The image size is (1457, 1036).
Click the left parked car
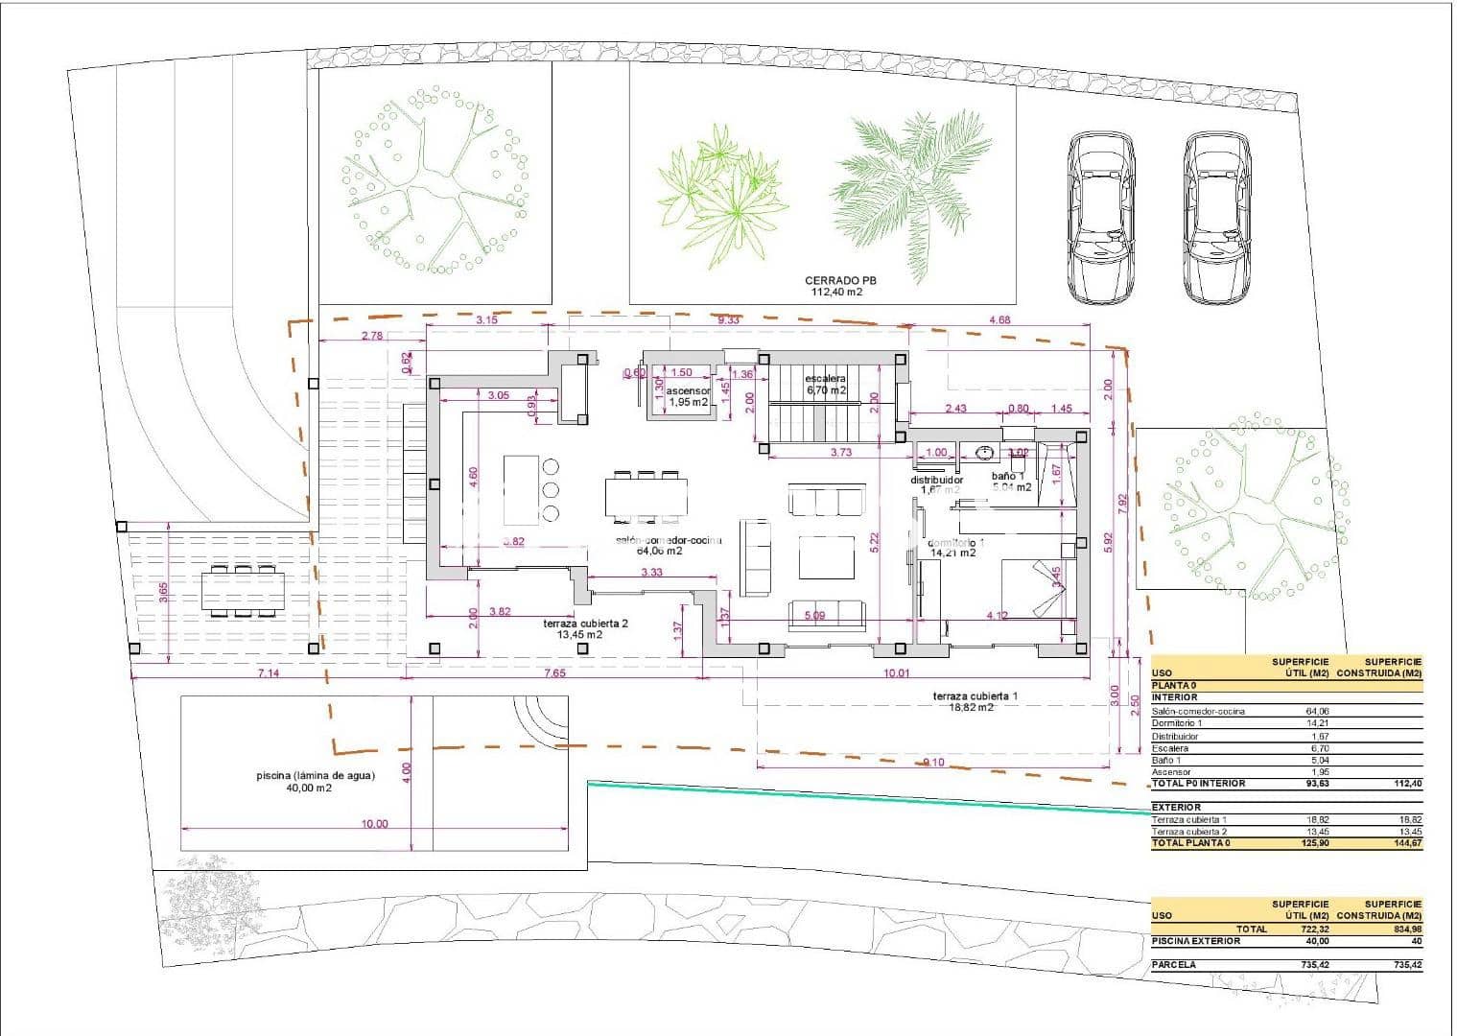click(1101, 219)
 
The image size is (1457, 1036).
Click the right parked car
click(1217, 219)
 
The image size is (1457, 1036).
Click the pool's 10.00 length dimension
click(375, 823)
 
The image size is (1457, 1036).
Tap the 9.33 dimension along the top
click(729, 320)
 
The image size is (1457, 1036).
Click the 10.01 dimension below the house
click(896, 672)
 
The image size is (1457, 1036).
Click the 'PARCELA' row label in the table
click(1174, 964)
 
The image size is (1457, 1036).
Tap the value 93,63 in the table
click(1314, 784)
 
